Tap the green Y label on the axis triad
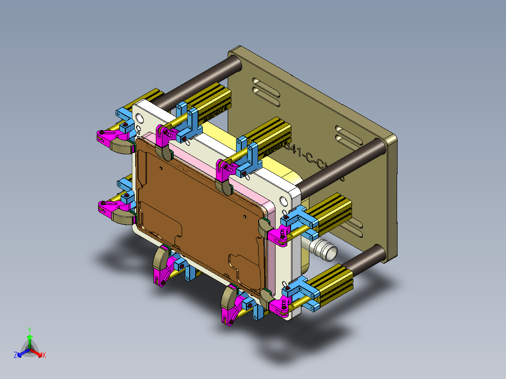[29, 330]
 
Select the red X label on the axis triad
[44, 356]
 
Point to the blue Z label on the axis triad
[15, 356]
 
